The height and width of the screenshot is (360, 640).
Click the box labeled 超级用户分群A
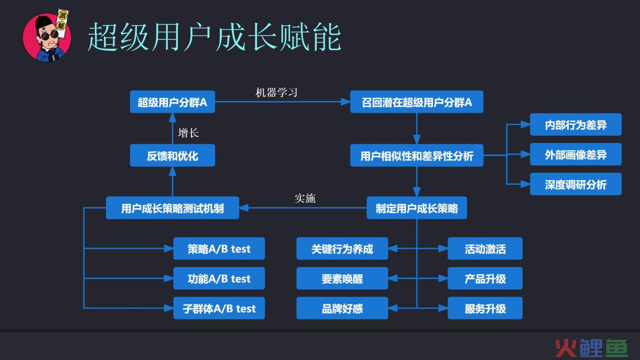pyautogui.click(x=172, y=102)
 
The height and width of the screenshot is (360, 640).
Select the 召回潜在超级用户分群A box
pyautogui.click(x=417, y=102)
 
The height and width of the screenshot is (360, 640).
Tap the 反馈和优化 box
pyautogui.click(x=172, y=156)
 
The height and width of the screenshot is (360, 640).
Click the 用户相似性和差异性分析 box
pyautogui.click(x=417, y=156)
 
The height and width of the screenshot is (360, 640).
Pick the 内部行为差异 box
pyautogui.click(x=576, y=125)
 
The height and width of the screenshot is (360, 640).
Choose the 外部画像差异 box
pyautogui.click(x=576, y=154)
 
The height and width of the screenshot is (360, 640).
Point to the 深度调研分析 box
pyautogui.click(x=576, y=184)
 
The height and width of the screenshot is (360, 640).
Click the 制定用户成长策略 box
pyautogui.click(x=417, y=208)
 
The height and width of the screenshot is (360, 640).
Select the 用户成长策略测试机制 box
pyautogui.click(x=172, y=208)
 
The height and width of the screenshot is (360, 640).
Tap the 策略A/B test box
pyautogui.click(x=219, y=248)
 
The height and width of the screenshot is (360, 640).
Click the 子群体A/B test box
pyautogui.click(x=219, y=308)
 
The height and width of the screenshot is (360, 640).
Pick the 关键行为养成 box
pyautogui.click(x=342, y=248)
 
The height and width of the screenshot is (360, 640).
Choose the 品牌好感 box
pyautogui.click(x=342, y=308)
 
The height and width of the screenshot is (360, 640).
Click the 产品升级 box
pyautogui.click(x=485, y=278)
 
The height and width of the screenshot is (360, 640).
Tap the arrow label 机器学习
pyautogui.click(x=276, y=92)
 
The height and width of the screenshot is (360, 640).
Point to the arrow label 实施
pyautogui.click(x=305, y=198)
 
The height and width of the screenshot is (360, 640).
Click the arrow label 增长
pyautogui.click(x=188, y=133)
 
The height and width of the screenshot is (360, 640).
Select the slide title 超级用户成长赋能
pyautogui.click(x=214, y=37)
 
